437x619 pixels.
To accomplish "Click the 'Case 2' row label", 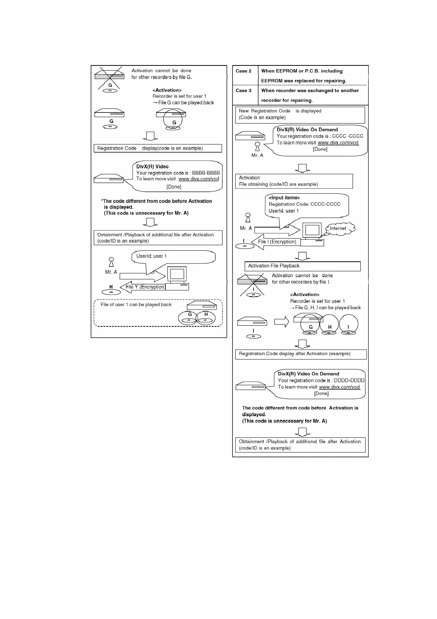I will [243, 71].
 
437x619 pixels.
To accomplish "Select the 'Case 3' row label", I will [243, 90].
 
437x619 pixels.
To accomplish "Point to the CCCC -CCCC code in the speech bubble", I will [347, 136].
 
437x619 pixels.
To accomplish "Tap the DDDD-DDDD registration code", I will [349, 380].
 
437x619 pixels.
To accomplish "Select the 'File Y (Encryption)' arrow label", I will [145, 287].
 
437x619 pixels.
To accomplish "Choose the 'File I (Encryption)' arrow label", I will [277, 241].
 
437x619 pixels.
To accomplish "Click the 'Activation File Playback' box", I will [302, 266].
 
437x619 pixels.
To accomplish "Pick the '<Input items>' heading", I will [284, 198].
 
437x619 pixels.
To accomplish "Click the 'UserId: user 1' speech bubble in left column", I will [173, 256].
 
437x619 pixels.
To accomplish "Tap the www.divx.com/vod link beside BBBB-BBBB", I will [199, 179].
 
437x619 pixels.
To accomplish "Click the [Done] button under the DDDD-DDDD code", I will [321, 393].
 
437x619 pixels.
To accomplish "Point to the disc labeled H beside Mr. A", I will [111, 292].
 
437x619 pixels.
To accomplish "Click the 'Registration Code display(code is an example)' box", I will [158, 148].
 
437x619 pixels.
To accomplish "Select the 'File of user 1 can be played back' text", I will [136, 304].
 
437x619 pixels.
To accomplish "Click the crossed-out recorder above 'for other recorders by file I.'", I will [253, 282].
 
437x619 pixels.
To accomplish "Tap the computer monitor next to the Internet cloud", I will [312, 230].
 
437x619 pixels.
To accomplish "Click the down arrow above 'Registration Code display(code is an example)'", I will [150, 136].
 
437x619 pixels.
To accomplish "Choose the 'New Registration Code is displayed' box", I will [300, 114].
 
